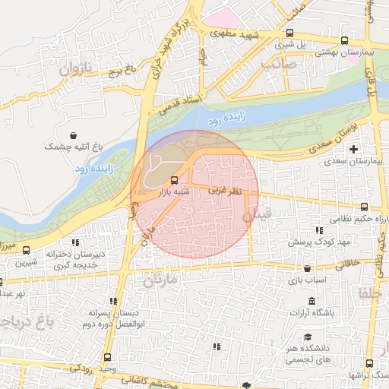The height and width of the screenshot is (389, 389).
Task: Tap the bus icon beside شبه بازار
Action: pyautogui.click(x=176, y=180)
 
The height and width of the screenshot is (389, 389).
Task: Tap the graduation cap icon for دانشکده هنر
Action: pyautogui.click(x=307, y=337)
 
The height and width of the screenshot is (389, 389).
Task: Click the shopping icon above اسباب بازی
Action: pyautogui.click(x=307, y=268)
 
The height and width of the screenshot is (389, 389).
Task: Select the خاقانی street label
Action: pyautogui.click(x=344, y=261)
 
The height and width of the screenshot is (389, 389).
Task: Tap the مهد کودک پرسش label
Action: pyautogui.click(x=317, y=242)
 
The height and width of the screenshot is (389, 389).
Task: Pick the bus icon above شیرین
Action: pyautogui.click(x=27, y=250)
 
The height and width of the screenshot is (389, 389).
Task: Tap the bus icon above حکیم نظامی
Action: pyautogui.click(x=364, y=207)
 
